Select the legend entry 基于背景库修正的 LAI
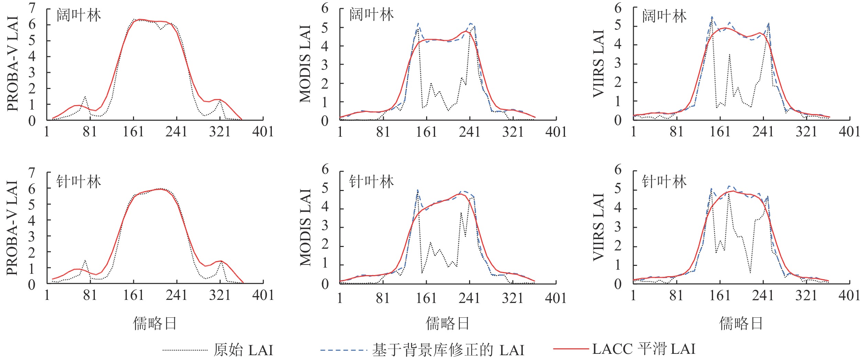448,350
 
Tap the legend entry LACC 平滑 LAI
643,349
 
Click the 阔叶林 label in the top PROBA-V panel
79,16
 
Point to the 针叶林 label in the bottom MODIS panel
371,181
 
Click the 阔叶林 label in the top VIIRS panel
664,16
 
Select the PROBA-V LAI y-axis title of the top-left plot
13,64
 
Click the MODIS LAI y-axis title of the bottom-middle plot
306,227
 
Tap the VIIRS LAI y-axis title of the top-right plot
599,63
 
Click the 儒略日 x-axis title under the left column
155,324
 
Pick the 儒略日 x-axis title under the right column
741,324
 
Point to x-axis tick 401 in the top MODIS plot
556,132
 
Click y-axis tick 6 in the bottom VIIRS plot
618,169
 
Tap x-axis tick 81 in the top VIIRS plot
677,132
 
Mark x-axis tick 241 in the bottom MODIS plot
469,298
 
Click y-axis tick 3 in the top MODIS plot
325,65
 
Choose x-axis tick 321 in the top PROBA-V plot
220,132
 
